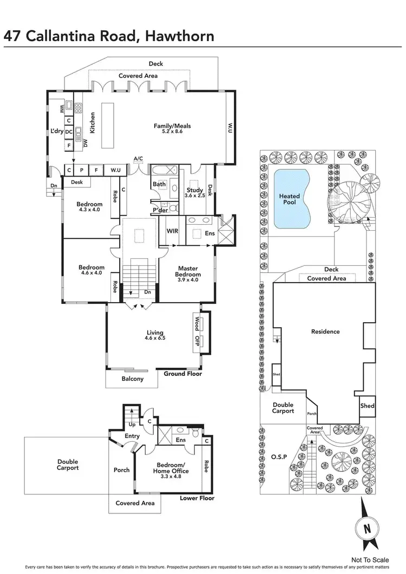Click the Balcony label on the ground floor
coord(132,379)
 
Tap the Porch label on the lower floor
coord(122,469)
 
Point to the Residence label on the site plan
coord(325,331)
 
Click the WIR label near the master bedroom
coord(172,231)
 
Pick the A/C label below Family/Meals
coord(138,159)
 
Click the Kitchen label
coord(92,123)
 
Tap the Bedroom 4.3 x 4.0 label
coord(89,207)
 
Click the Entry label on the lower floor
coord(132,436)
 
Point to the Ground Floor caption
coord(182,374)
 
